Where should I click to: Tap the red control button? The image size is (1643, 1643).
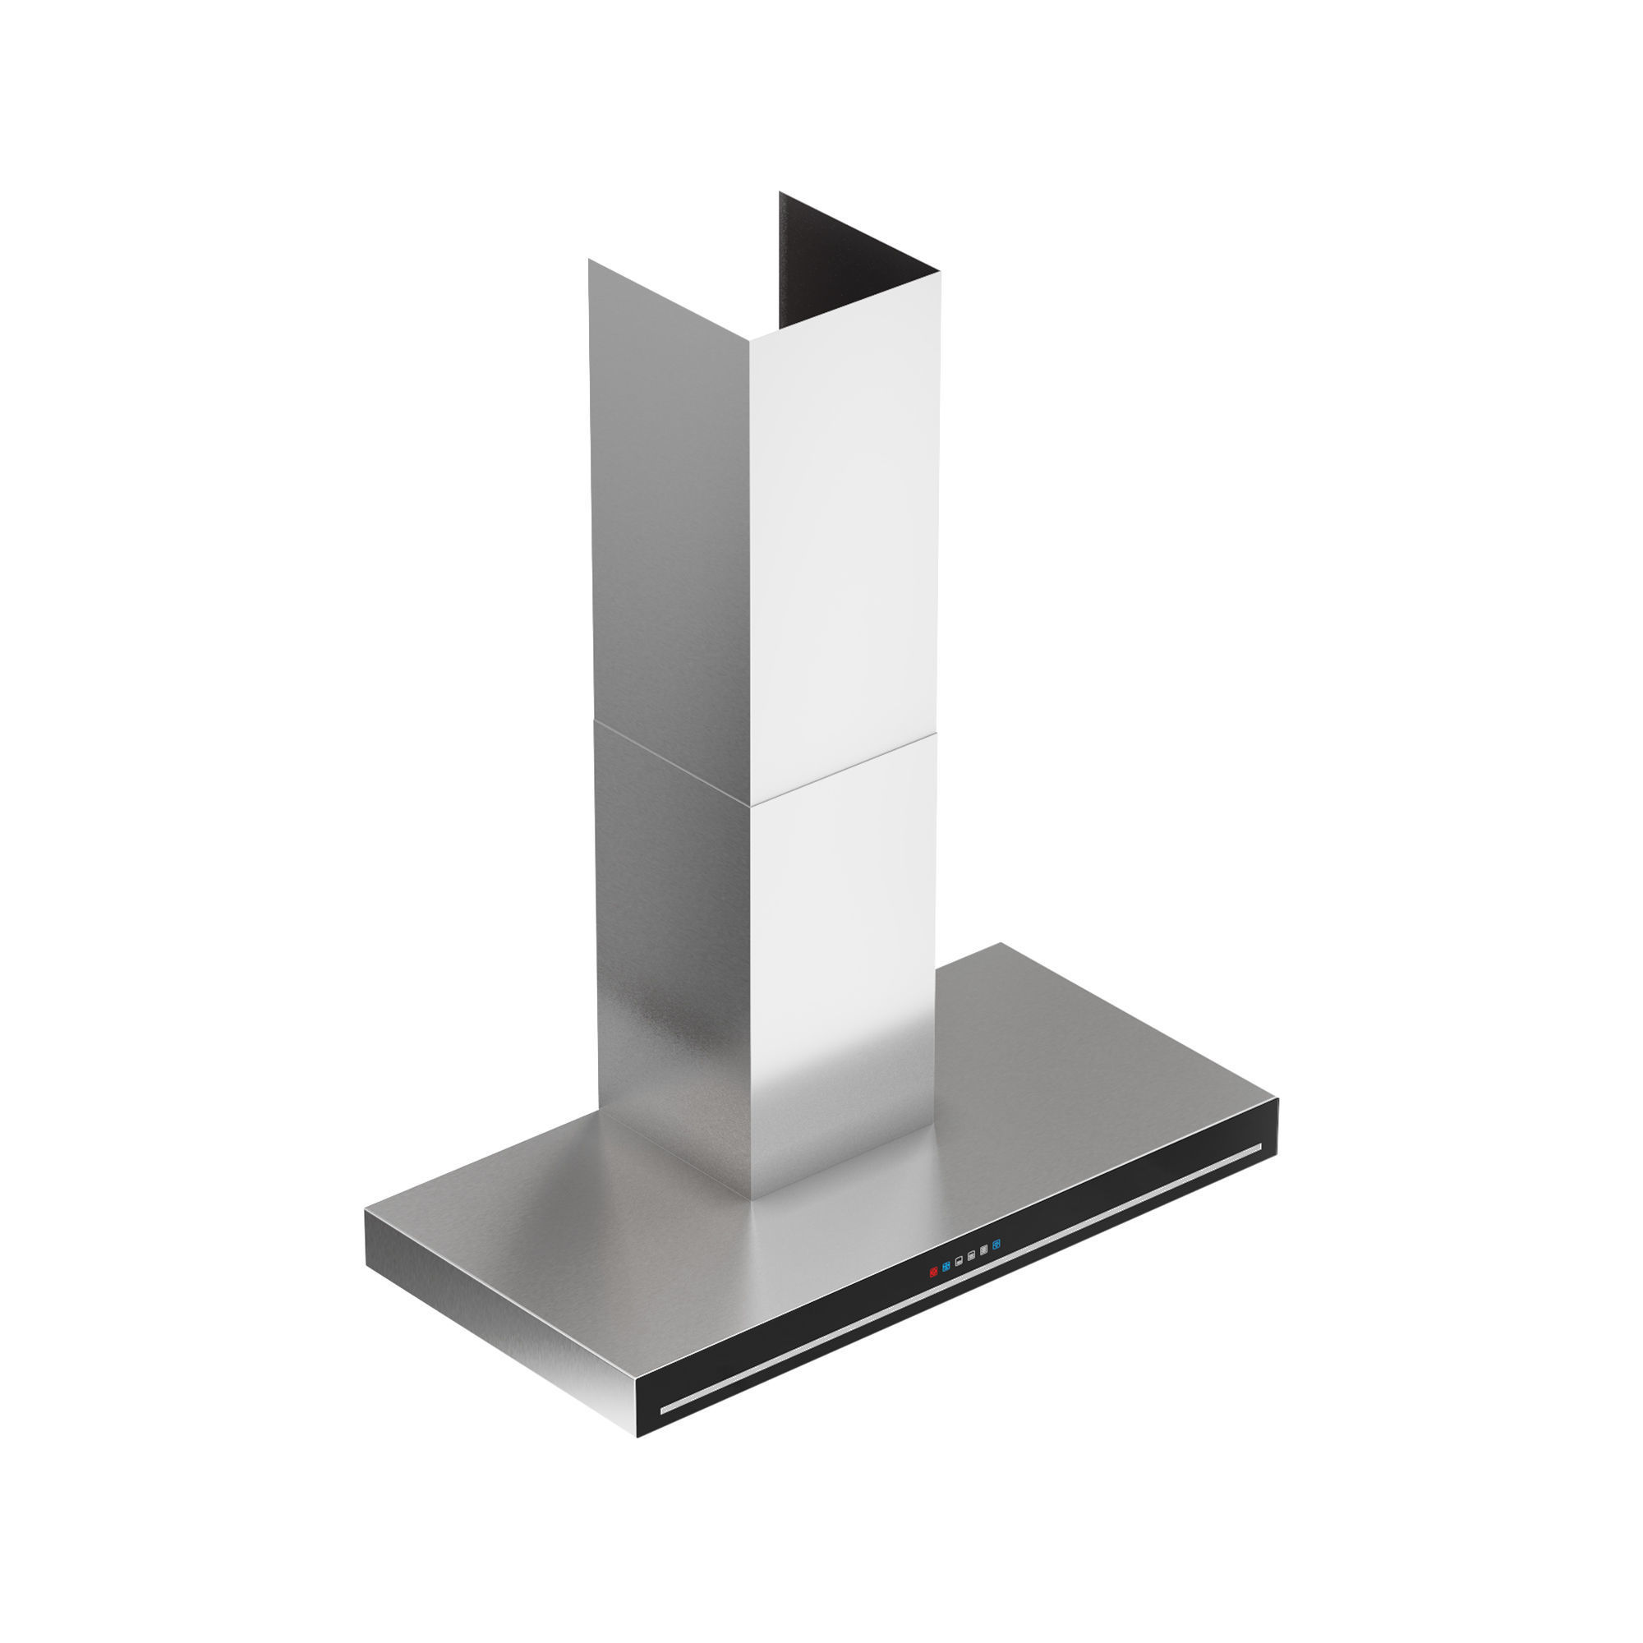(933, 1273)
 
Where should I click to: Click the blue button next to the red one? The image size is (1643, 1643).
(946, 1267)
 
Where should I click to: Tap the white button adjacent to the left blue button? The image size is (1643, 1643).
(959, 1262)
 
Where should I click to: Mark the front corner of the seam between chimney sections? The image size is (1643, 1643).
(751, 805)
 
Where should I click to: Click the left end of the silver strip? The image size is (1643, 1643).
(664, 1411)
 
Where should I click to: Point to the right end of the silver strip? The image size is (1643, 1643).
(1259, 1148)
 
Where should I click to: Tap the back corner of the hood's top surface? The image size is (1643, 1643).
(1000, 943)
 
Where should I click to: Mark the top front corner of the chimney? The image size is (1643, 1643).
(749, 341)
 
